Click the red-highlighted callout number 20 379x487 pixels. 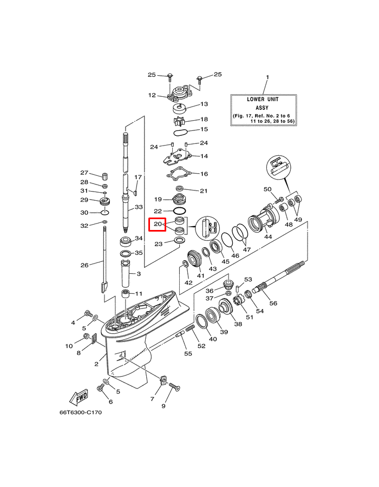157,224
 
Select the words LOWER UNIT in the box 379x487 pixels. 264,100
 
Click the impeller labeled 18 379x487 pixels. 180,120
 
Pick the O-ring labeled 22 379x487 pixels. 180,210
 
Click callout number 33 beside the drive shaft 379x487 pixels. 139,207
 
